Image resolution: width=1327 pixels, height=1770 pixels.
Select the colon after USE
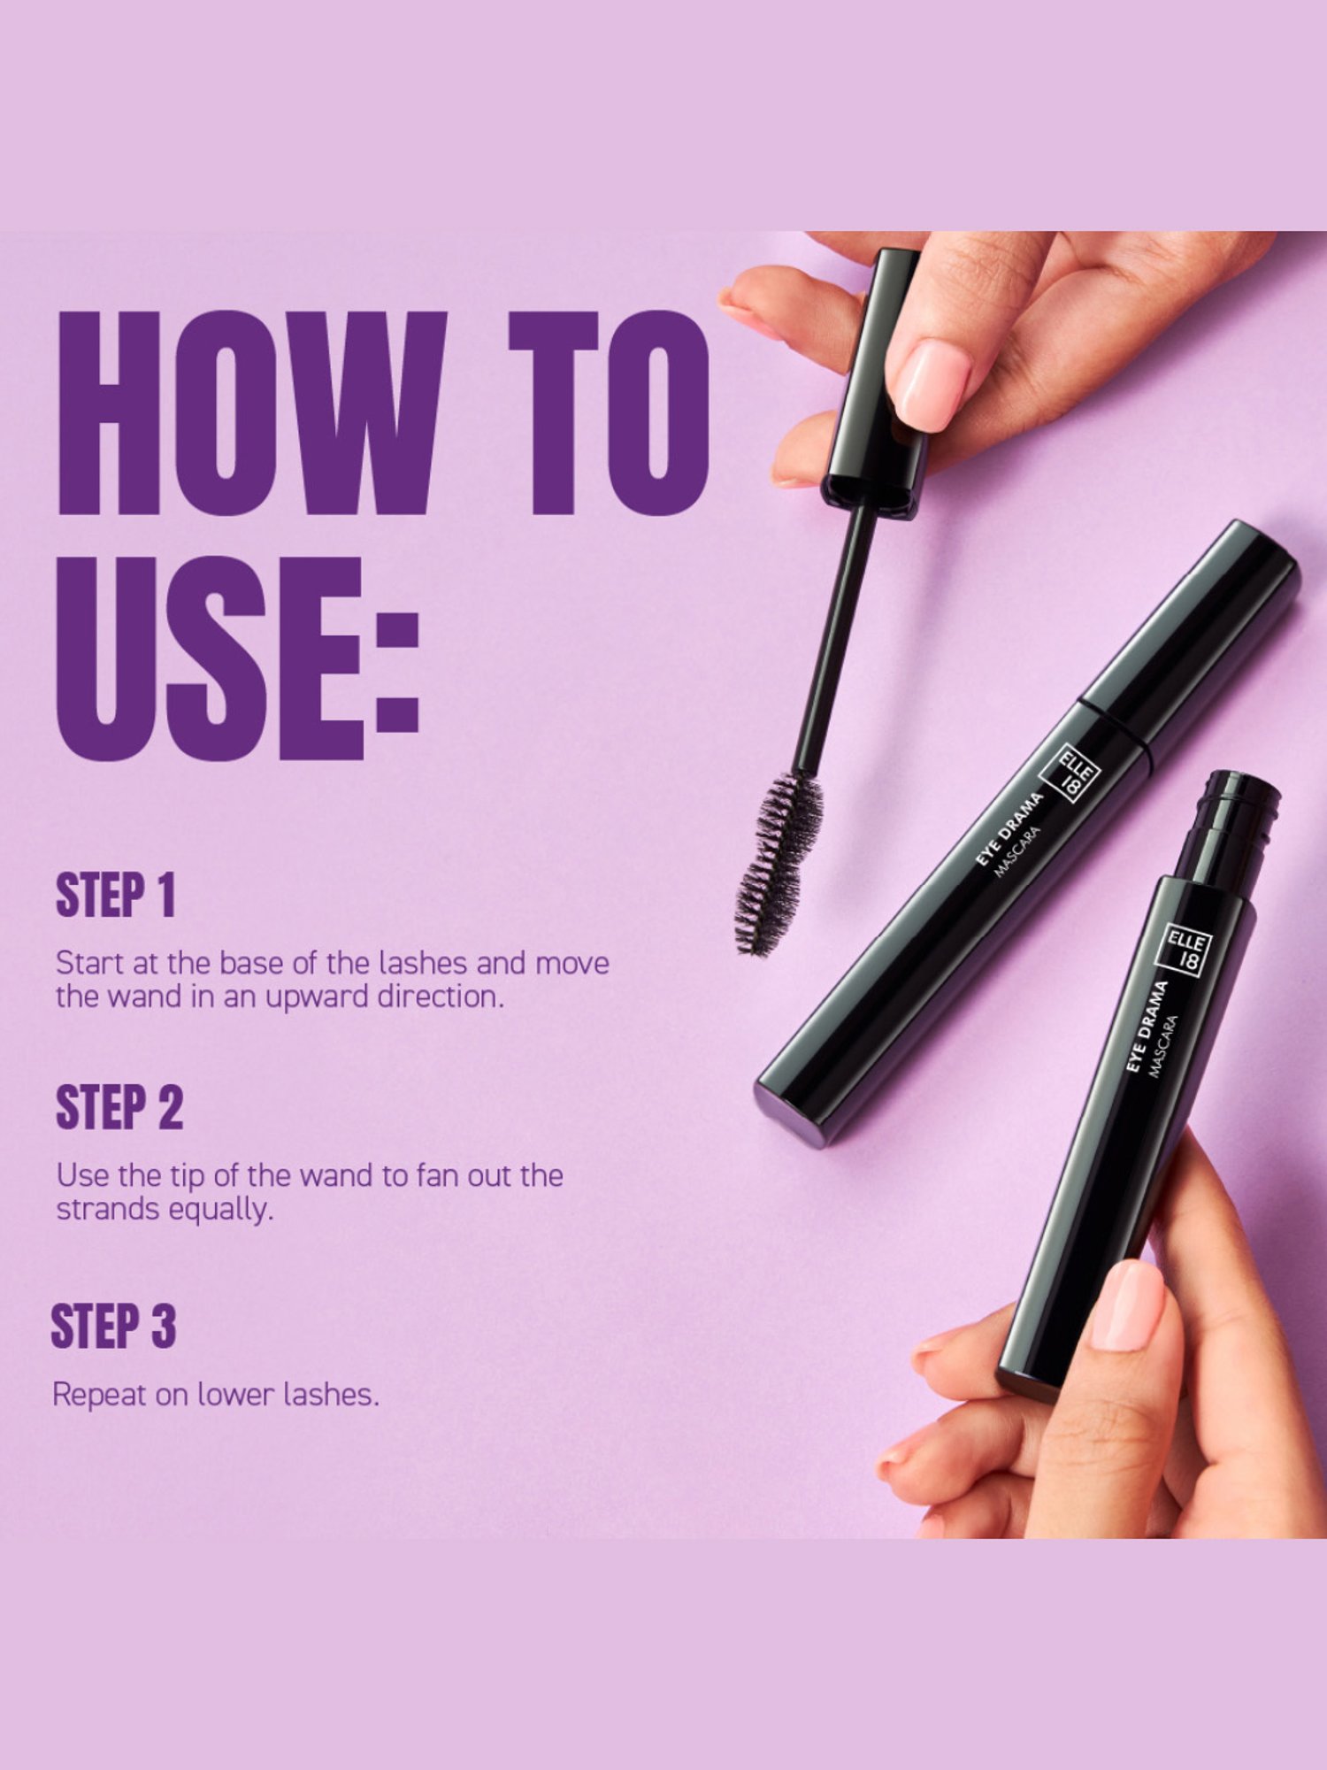tap(396, 673)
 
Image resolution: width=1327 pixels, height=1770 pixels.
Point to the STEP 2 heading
tap(119, 1107)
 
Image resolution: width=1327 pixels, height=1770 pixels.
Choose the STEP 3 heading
tap(113, 1326)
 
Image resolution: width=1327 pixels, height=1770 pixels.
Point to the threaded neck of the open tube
tap(1234, 823)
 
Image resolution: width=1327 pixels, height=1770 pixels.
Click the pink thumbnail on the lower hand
tap(1127, 1306)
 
